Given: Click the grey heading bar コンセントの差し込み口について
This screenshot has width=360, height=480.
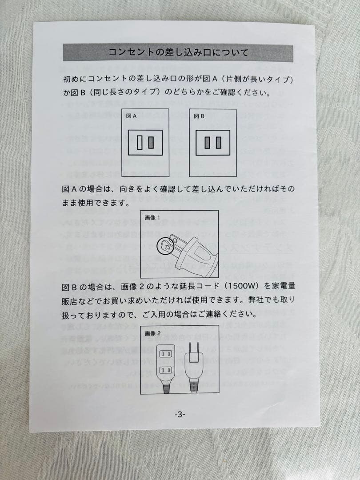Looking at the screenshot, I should click(x=178, y=53).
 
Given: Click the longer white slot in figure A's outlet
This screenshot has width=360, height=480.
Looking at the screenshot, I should click(x=140, y=143).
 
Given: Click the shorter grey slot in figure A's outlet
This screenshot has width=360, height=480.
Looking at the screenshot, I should click(x=151, y=143).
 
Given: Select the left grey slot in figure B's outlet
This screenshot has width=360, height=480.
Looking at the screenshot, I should click(x=208, y=143).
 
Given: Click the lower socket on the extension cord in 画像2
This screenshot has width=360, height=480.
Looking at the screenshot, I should click(x=165, y=370).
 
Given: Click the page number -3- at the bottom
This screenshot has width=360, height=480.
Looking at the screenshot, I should click(x=180, y=414).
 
